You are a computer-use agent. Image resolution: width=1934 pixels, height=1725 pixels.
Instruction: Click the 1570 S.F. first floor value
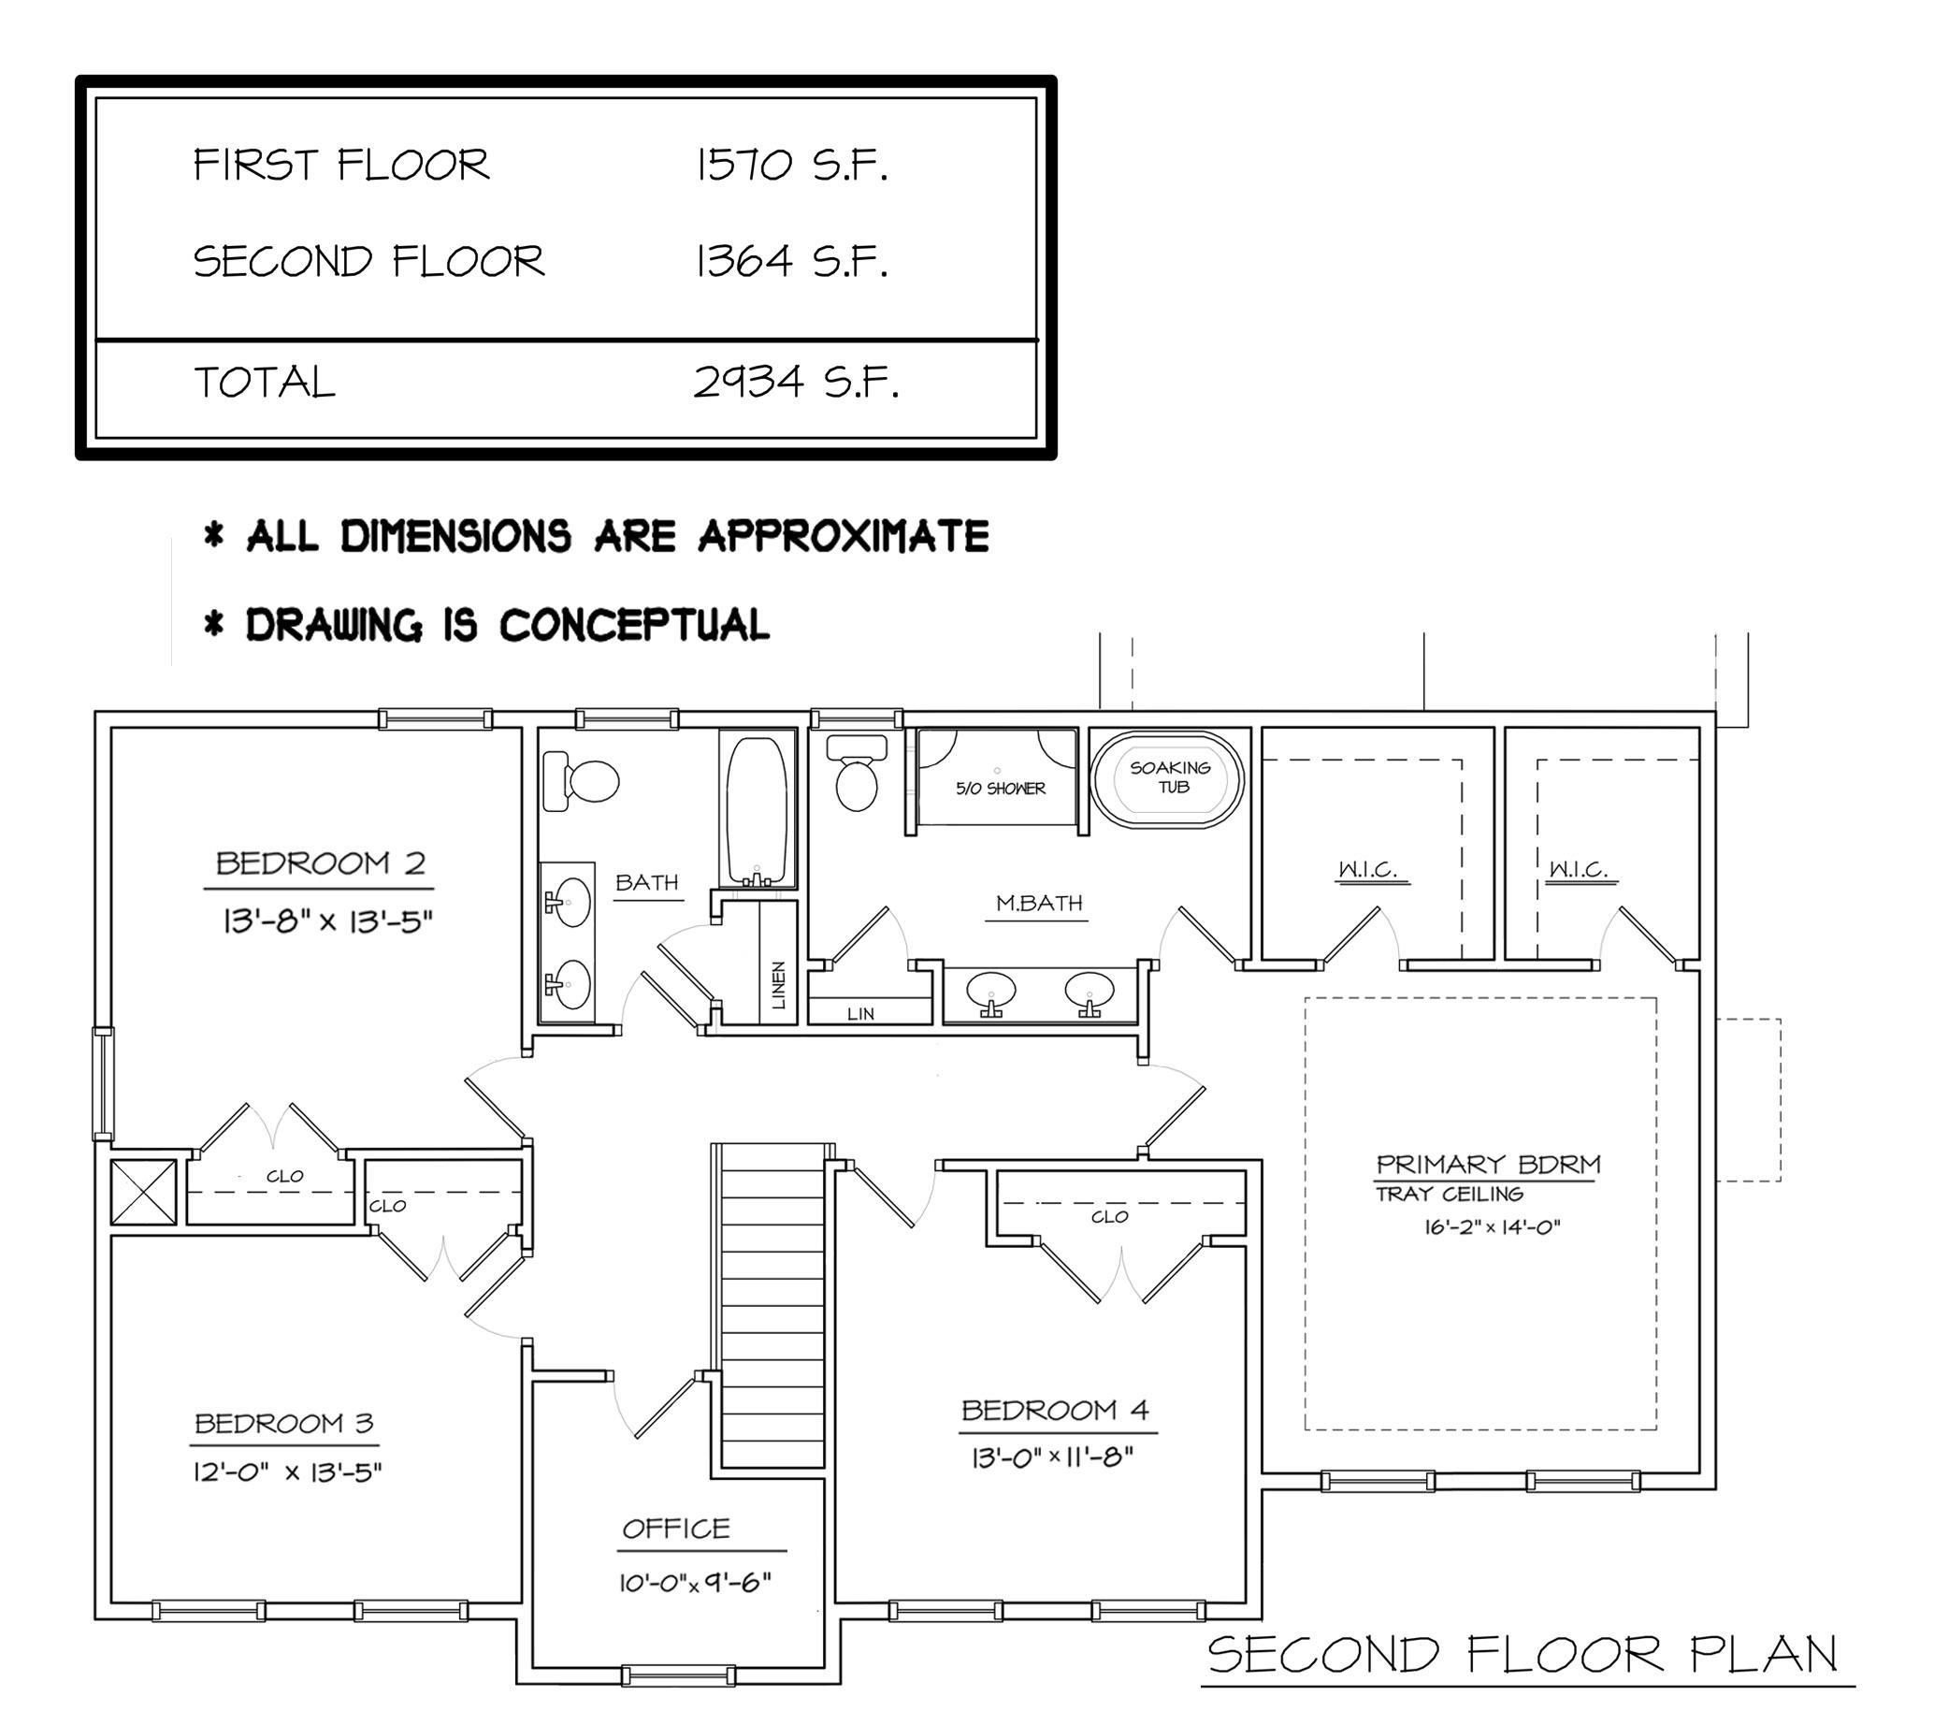tap(792, 165)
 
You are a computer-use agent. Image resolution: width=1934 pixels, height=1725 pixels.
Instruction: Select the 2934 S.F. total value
tap(796, 382)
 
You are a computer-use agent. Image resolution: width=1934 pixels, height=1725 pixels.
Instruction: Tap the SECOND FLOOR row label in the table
tap(368, 262)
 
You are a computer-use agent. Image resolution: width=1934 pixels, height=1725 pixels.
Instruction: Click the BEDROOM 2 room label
tap(320, 862)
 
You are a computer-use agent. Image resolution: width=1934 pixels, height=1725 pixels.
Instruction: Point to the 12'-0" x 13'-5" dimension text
tap(287, 1471)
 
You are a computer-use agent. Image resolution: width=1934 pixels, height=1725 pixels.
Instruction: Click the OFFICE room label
tap(675, 1528)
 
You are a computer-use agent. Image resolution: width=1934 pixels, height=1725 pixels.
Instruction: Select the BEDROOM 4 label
tap(1055, 1411)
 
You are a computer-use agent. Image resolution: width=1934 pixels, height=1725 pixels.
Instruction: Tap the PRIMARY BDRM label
tap(1488, 1163)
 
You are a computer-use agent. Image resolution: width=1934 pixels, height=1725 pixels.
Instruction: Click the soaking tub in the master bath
tap(1167, 778)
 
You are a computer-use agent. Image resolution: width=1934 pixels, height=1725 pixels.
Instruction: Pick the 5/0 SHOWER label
tap(1001, 788)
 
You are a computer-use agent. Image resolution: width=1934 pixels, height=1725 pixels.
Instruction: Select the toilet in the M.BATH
tap(857, 773)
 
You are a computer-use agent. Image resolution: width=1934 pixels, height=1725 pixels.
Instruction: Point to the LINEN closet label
tap(779, 985)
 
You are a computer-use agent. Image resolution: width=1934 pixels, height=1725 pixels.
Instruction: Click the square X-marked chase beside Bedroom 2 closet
tap(143, 1192)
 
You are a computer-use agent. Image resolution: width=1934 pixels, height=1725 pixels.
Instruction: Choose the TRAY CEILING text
tap(1450, 1195)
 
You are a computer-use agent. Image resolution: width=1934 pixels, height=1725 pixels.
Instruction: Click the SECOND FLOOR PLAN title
tap(1523, 1654)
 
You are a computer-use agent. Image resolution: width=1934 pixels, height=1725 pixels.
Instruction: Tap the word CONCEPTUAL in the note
tap(634, 626)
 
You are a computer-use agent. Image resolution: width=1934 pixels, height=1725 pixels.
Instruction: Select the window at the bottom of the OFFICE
tap(678, 1674)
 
